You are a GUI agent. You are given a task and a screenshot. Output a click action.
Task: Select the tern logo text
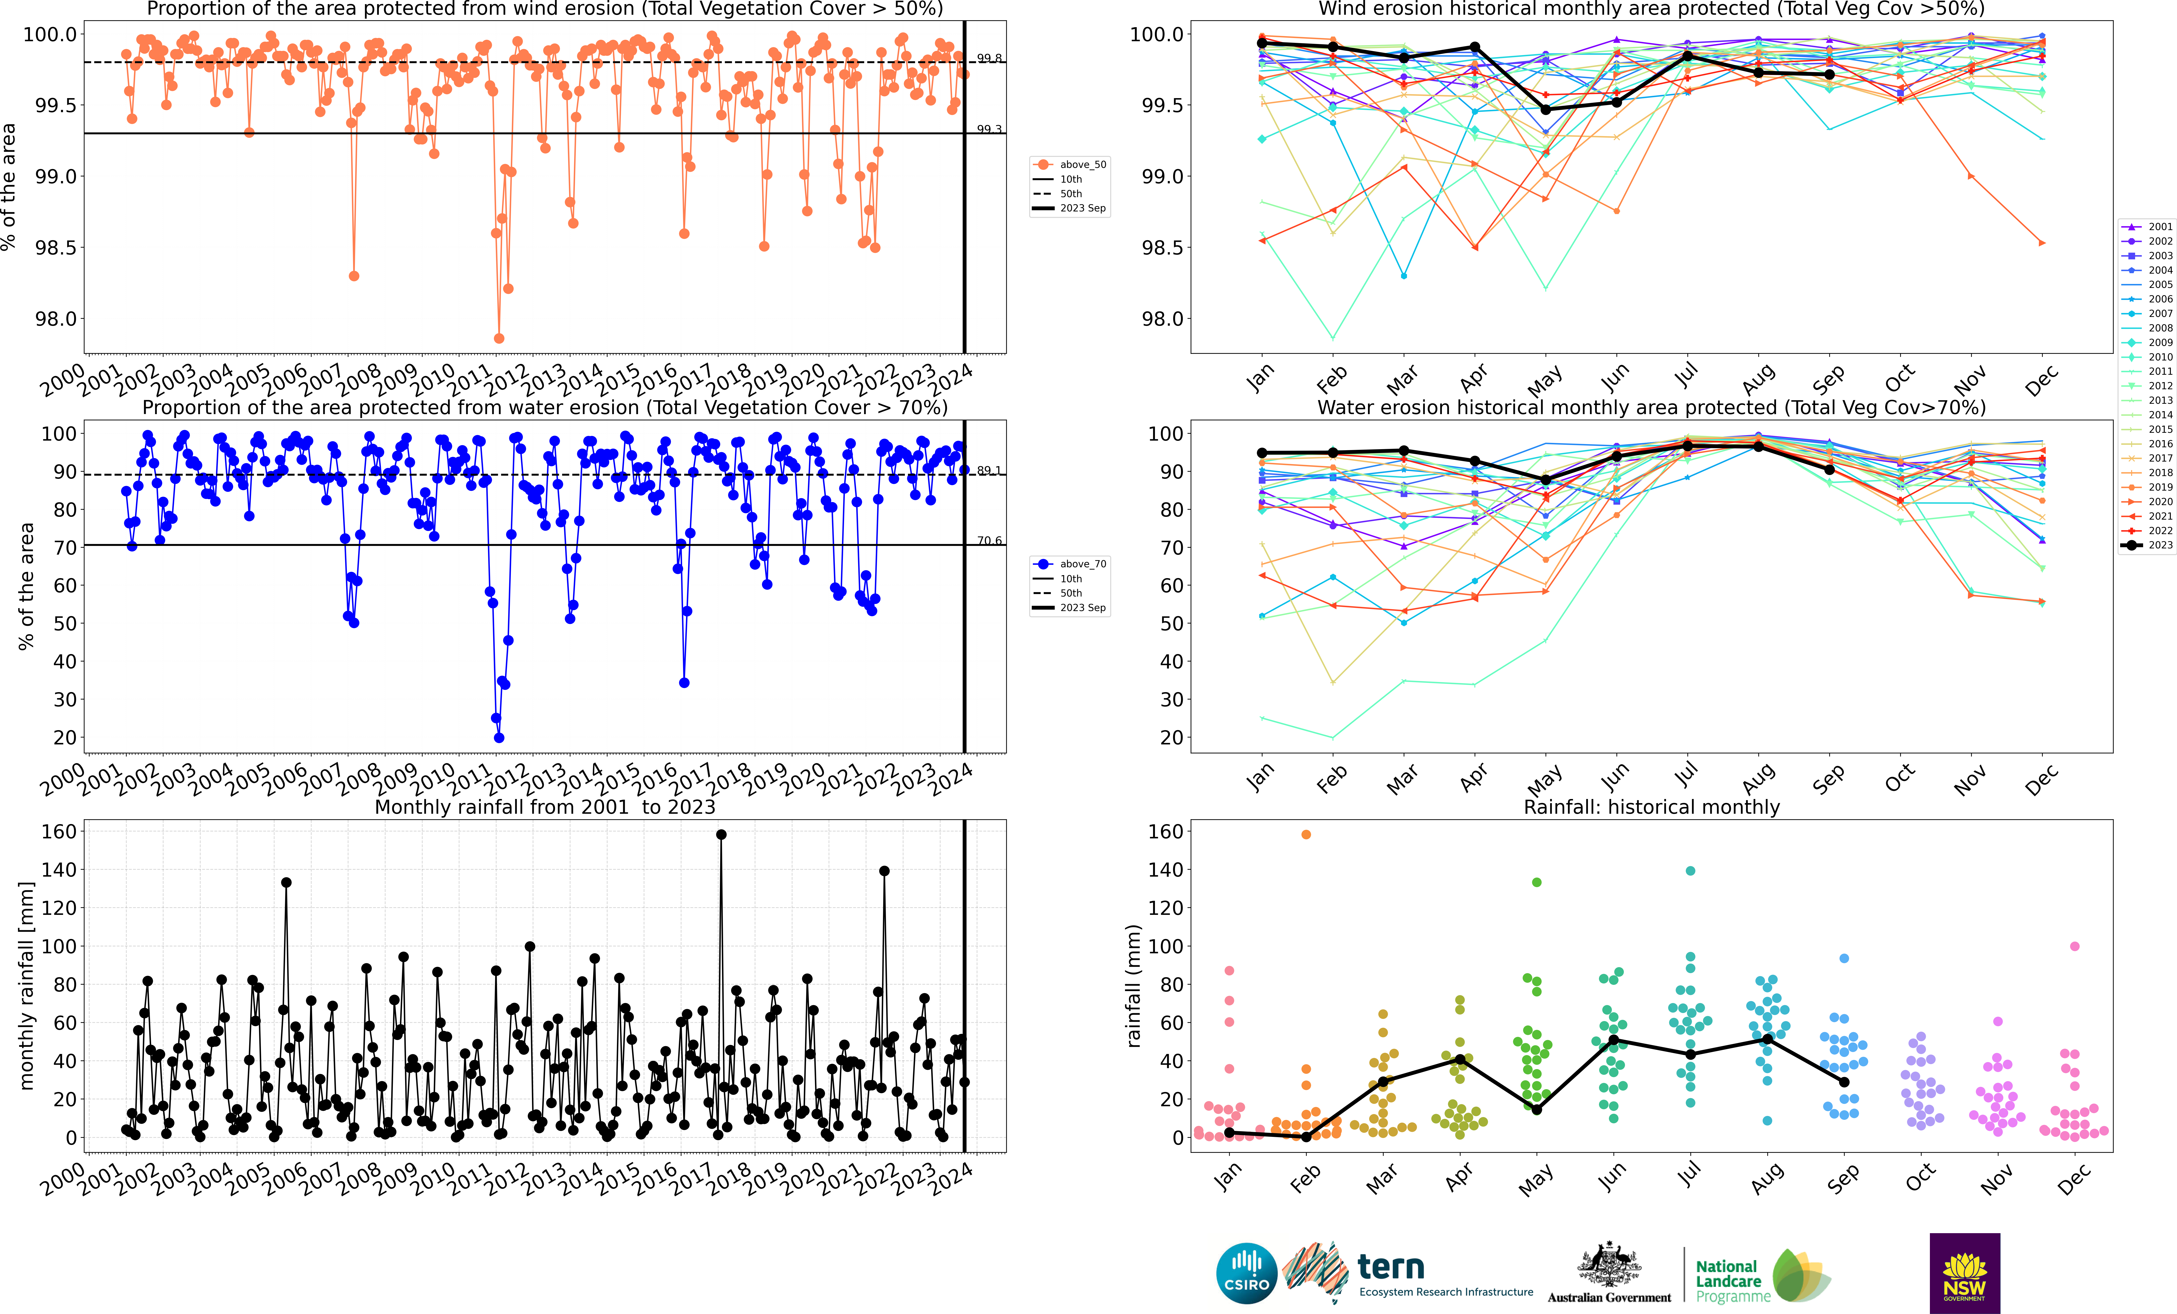(x=1391, y=1267)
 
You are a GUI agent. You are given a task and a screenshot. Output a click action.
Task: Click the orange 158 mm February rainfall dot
(x=1306, y=834)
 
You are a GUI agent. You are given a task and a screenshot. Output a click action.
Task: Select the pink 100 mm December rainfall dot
(x=2075, y=946)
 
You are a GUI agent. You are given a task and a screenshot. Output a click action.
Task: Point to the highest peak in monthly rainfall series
(x=721, y=834)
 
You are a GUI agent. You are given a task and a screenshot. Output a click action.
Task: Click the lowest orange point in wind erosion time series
(x=499, y=338)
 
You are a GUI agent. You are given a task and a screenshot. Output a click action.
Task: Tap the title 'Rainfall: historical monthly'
(x=1651, y=807)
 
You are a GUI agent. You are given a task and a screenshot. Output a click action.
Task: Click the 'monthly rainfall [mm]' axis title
(x=26, y=985)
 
